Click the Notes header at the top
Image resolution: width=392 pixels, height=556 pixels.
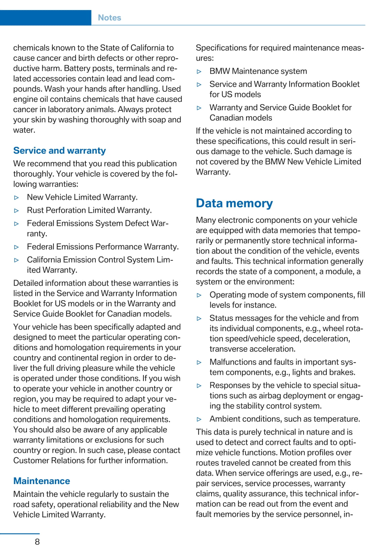coord(109,18)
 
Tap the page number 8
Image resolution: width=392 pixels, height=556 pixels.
coord(37,542)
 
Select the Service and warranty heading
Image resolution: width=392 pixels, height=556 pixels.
coord(60,151)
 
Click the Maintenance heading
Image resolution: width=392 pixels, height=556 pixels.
coord(42,481)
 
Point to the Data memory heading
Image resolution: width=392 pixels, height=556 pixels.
coord(234,203)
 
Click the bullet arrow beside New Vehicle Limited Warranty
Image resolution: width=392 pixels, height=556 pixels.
coord(17,198)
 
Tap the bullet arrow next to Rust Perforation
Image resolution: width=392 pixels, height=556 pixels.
coord(17,211)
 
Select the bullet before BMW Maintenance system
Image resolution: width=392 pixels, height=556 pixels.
coord(199,72)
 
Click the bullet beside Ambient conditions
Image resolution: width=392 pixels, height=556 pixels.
coord(199,420)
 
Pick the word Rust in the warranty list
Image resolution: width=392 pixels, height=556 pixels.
coord(35,210)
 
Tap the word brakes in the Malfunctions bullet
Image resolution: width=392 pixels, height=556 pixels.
coord(344,372)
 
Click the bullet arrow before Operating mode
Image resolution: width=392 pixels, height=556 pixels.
coord(199,295)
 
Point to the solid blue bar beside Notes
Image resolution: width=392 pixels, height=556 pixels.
coord(45,18)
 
